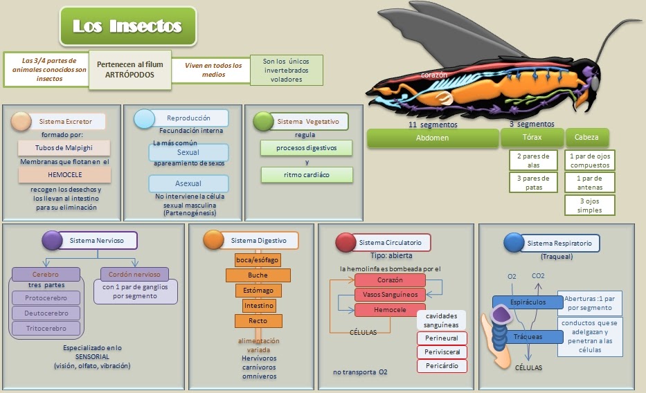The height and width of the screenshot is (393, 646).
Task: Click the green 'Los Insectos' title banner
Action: pyautogui.click(x=127, y=27)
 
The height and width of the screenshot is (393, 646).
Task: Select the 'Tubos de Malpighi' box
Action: pyautogui.click(x=64, y=148)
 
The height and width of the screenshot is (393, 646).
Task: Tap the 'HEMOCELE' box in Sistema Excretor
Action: pyautogui.click(x=64, y=176)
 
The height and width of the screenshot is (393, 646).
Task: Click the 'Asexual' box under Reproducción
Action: pyautogui.click(x=188, y=184)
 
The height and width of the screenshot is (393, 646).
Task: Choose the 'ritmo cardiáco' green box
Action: pyautogui.click(x=307, y=175)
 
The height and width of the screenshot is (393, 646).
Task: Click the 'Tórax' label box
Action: pyautogui.click(x=532, y=138)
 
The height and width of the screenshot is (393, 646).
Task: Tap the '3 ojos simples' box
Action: pyautogui.click(x=590, y=205)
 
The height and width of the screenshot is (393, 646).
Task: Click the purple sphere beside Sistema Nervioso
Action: pyautogui.click(x=52, y=240)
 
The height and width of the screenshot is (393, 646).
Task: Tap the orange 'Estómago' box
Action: pyautogui.click(x=258, y=291)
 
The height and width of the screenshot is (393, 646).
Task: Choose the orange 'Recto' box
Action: pyautogui.click(x=258, y=321)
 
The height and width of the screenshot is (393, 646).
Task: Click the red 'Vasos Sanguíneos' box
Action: pyautogui.click(x=389, y=295)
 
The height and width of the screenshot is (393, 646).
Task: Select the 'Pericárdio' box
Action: pyautogui.click(x=442, y=365)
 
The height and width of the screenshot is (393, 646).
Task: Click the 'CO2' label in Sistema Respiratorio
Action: pyautogui.click(x=537, y=277)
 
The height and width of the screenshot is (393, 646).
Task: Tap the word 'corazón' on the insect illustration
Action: pyautogui.click(x=434, y=75)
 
